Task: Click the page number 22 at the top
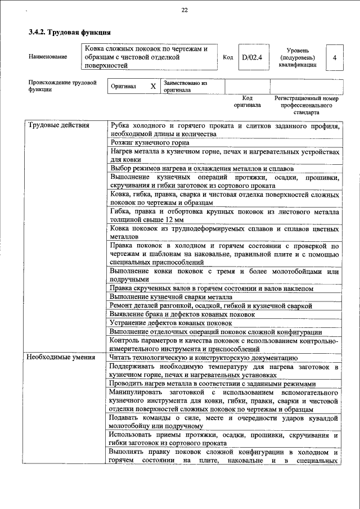tap(184, 10)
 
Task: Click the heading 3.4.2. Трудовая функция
tap(69, 33)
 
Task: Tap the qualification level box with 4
tap(335, 57)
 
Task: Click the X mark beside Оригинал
tap(153, 87)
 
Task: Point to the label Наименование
tap(48, 57)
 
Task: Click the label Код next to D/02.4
tap(228, 57)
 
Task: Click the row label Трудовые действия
tap(59, 125)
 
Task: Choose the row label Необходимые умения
tap(62, 357)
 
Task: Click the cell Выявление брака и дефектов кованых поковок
tap(182, 314)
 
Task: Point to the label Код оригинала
tap(247, 101)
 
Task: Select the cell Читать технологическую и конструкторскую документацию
tap(204, 357)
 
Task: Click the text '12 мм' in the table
tap(172, 219)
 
